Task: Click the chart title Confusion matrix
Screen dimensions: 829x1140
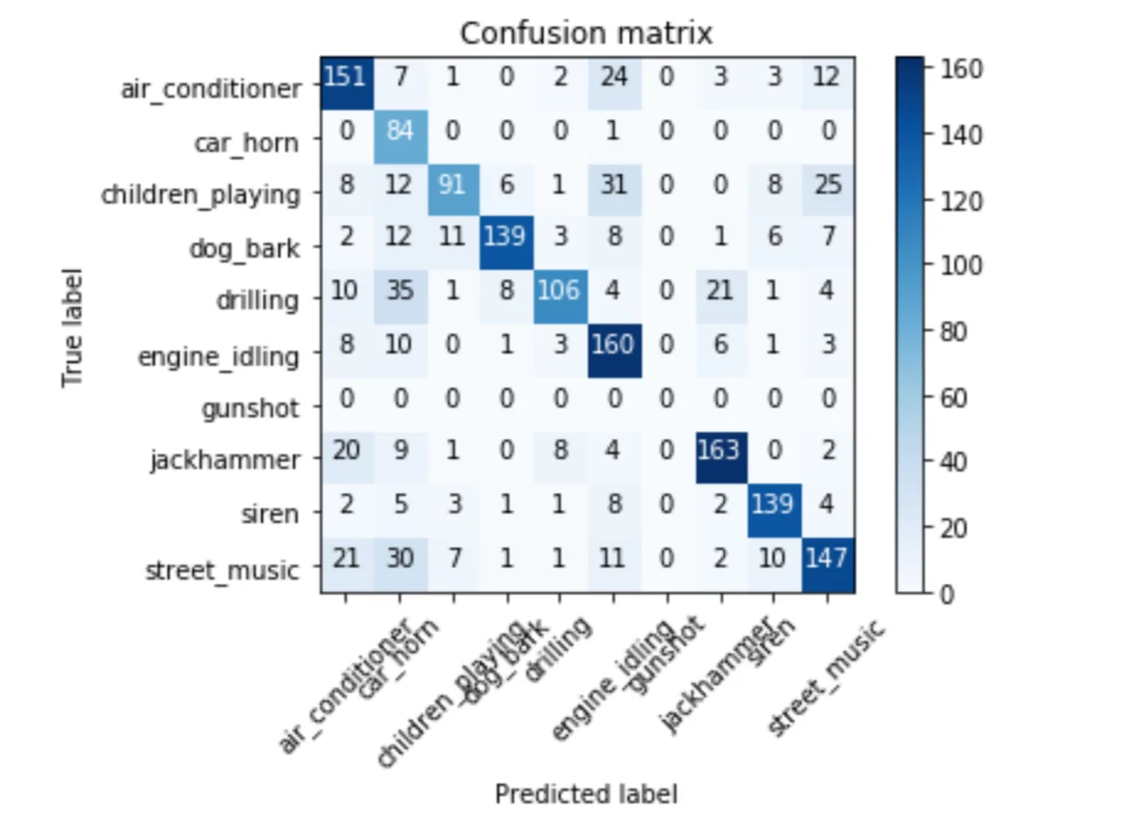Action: coord(586,33)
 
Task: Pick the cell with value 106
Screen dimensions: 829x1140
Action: coord(559,301)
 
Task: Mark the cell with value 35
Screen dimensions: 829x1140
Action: coord(400,301)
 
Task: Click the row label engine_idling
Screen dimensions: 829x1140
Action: coord(219,356)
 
